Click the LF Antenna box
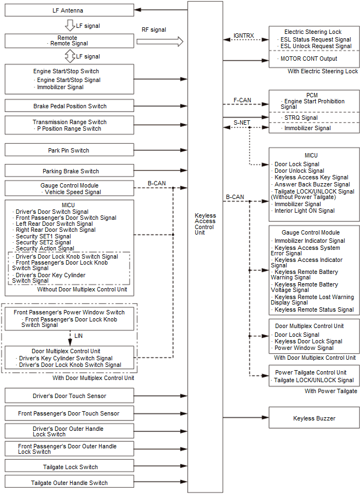[69, 10]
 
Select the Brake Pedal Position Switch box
[69, 106]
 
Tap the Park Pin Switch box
[69, 150]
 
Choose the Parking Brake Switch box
[69, 171]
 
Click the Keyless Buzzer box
[314, 418]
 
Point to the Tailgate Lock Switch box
[69, 467]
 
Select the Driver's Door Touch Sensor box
[69, 396]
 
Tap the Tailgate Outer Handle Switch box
[69, 483]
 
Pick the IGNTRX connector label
[244, 36]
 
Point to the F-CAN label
[242, 100]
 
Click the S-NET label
[241, 122]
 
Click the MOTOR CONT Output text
[309, 59]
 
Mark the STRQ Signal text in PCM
[301, 118]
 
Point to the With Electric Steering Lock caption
[323, 72]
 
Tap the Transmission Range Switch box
[69, 125]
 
